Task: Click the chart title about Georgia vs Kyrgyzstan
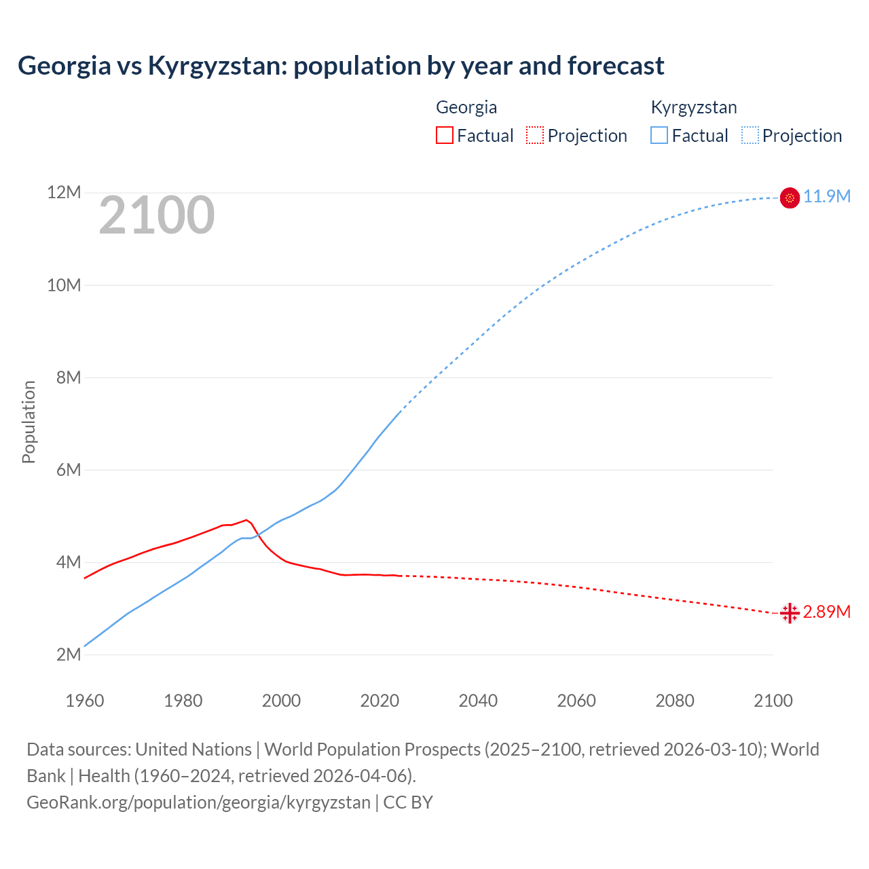tap(341, 66)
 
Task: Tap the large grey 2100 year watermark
tap(157, 215)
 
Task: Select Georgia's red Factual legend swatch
tap(444, 135)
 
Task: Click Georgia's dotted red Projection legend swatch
tap(535, 135)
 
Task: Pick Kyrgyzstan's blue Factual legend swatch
tap(659, 135)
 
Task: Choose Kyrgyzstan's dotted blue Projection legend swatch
tap(750, 135)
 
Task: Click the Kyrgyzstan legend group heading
tap(694, 107)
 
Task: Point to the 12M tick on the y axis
tap(64, 193)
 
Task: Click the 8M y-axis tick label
tap(69, 377)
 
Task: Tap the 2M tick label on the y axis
tap(69, 654)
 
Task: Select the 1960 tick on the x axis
tap(85, 701)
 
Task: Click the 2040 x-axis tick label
tap(478, 701)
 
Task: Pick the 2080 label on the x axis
tap(675, 701)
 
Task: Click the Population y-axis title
tap(29, 422)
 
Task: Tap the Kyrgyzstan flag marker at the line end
tap(790, 198)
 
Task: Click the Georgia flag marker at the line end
tap(790, 613)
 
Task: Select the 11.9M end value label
tap(827, 197)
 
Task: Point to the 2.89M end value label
tap(827, 612)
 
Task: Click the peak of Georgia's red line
tap(246, 520)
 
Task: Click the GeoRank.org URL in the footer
tap(198, 802)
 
